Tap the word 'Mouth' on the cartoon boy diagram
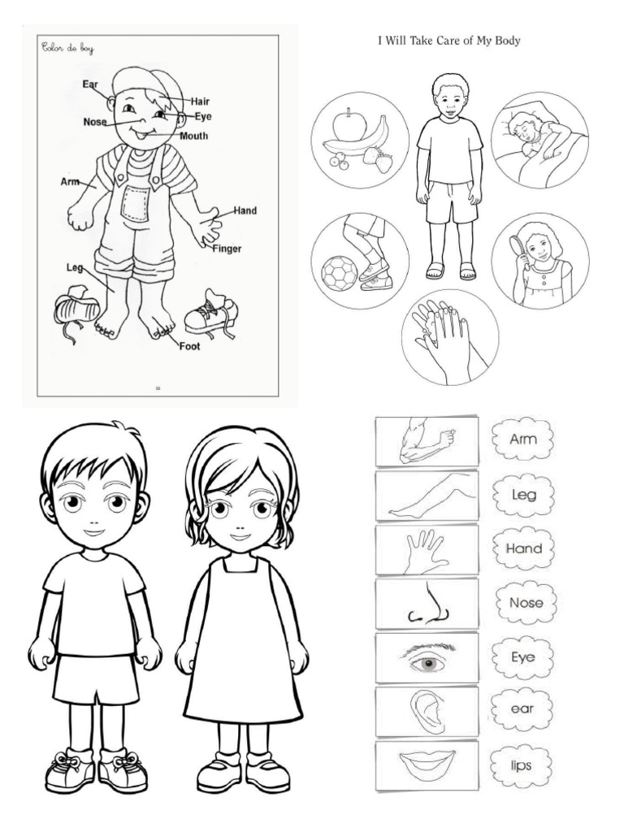(194, 136)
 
